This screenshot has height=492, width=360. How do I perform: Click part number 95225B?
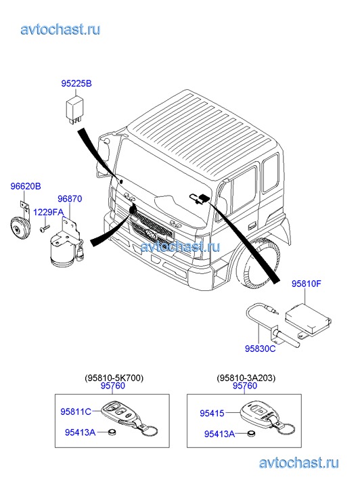(76, 84)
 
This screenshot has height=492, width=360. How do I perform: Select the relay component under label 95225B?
(74, 110)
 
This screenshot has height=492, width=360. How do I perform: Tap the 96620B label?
(26, 186)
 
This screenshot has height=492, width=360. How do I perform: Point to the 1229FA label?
(48, 212)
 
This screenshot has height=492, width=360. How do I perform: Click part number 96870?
(70, 198)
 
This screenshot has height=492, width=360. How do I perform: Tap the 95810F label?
(307, 284)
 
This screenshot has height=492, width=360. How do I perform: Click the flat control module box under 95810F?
(308, 319)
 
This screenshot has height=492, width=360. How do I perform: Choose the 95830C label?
(261, 349)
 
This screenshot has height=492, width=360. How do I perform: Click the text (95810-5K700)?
(114, 378)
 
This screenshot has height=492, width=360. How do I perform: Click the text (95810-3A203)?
(246, 378)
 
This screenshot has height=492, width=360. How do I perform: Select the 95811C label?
(76, 411)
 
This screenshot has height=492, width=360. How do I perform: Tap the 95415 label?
(212, 413)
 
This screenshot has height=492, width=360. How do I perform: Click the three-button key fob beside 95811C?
(120, 413)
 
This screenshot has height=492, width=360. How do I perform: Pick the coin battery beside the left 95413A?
(112, 432)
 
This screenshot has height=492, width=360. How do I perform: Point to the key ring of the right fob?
(286, 428)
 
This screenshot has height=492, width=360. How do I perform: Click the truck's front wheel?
(256, 263)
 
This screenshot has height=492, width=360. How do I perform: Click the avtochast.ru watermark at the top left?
(61, 29)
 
